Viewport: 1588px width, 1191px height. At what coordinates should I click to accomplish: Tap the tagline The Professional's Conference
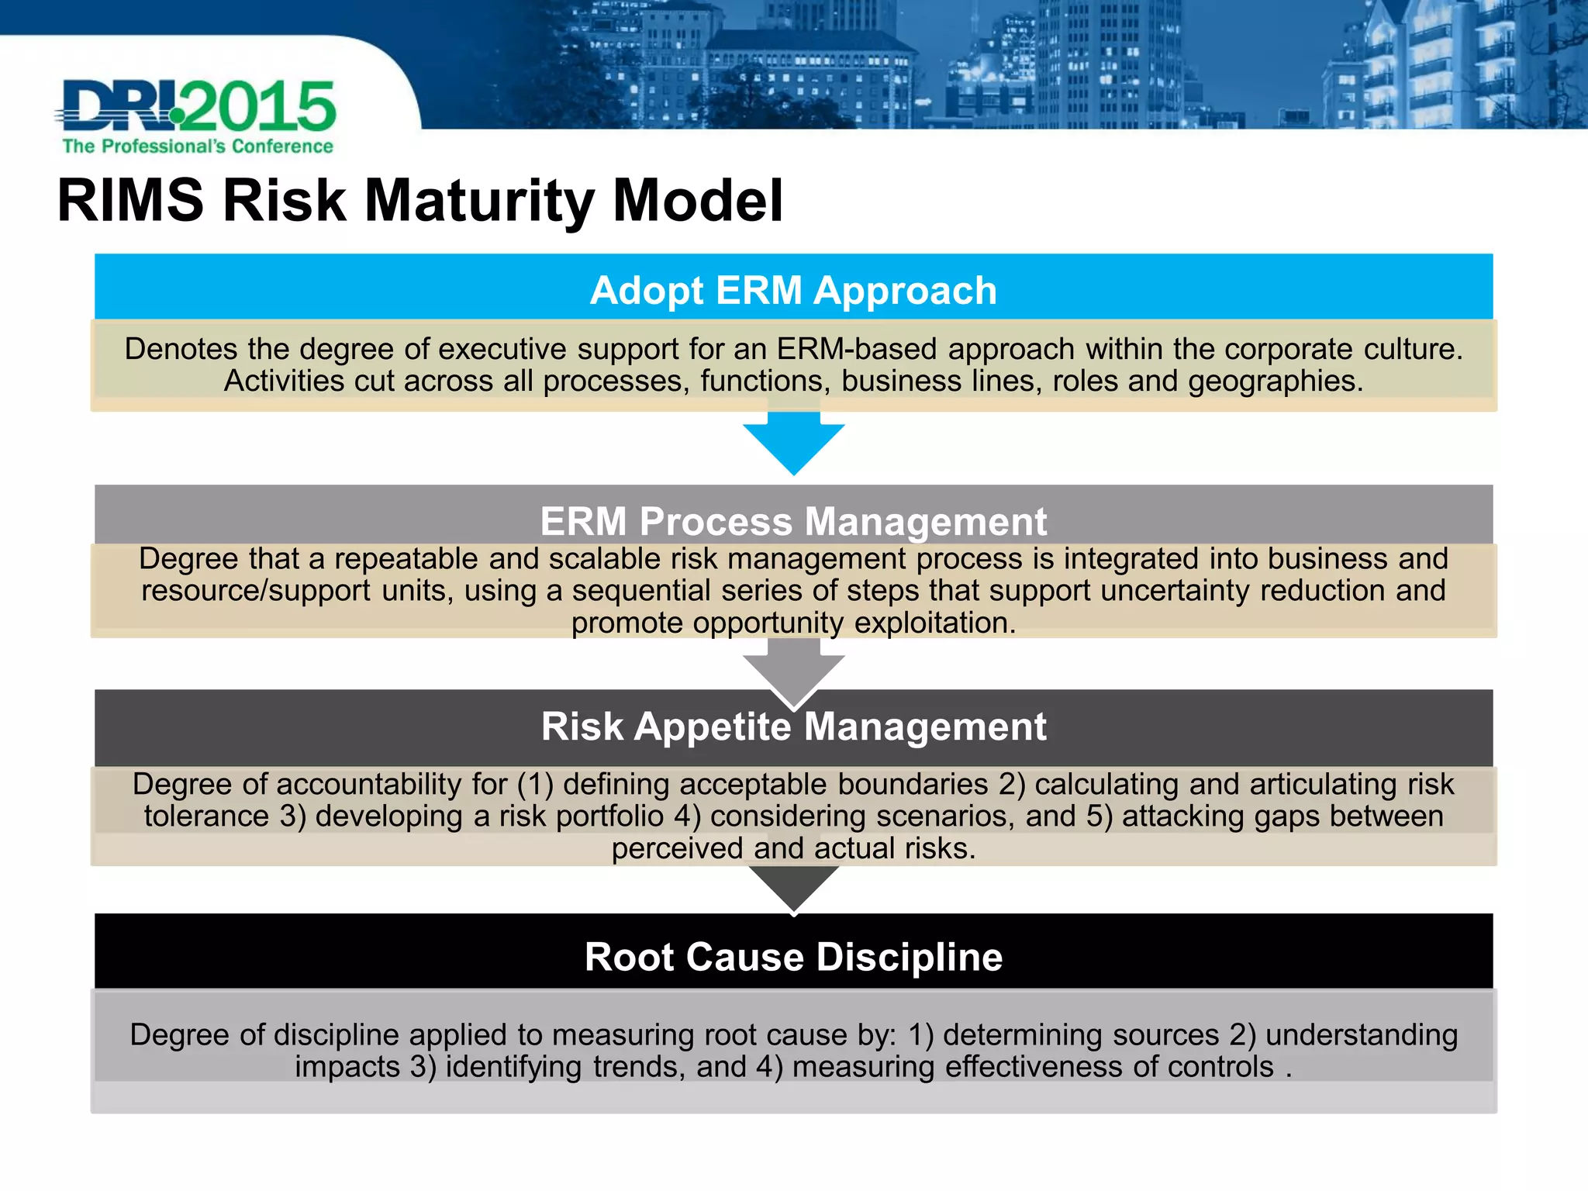coord(198,147)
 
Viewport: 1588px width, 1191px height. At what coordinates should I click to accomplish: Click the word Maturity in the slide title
coord(479,201)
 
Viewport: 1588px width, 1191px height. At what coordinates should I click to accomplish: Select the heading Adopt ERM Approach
coord(793,291)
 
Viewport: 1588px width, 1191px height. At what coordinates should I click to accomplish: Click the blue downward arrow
coord(793,442)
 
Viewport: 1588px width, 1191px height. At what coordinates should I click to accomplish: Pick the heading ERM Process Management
coord(793,521)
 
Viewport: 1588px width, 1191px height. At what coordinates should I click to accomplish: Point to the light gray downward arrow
coord(793,668)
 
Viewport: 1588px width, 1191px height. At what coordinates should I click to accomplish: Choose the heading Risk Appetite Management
coord(793,727)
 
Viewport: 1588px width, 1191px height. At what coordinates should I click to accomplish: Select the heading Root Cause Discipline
coord(793,957)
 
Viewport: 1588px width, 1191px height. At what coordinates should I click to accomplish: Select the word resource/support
coord(256,591)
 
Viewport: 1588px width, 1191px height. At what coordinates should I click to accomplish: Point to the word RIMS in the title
coord(130,201)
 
